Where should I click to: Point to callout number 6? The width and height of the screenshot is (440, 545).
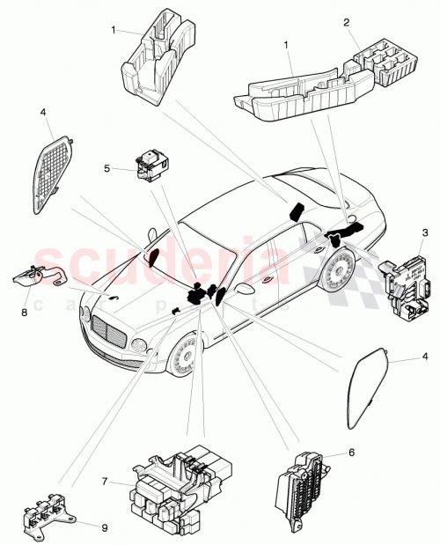(352, 453)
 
